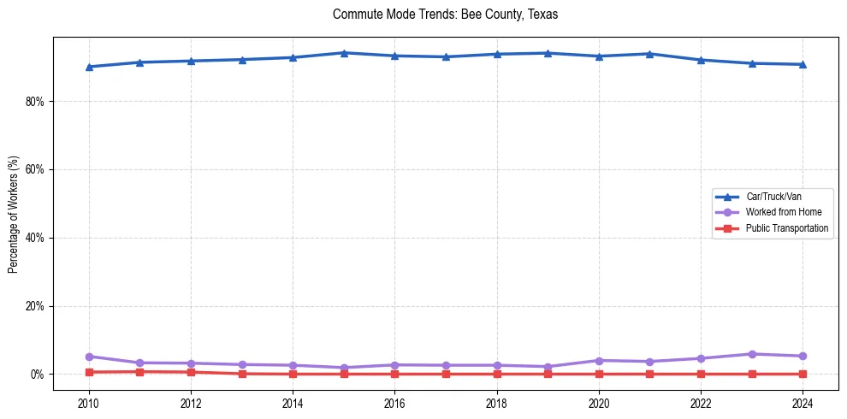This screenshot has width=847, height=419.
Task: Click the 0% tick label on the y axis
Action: [37, 375]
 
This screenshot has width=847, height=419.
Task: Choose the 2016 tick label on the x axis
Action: [394, 402]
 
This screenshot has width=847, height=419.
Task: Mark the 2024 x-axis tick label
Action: [803, 402]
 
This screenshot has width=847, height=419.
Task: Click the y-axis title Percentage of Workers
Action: [14, 214]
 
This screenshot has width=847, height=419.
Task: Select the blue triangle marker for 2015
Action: [344, 53]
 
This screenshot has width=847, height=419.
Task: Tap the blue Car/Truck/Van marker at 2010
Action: [89, 67]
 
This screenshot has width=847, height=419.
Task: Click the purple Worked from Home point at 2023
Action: [752, 354]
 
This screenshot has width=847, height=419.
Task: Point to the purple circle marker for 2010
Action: [89, 357]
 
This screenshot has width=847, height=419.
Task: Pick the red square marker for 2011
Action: [140, 372]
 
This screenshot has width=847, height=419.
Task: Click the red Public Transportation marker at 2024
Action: [803, 374]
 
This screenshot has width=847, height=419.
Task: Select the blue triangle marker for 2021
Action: [649, 54]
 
